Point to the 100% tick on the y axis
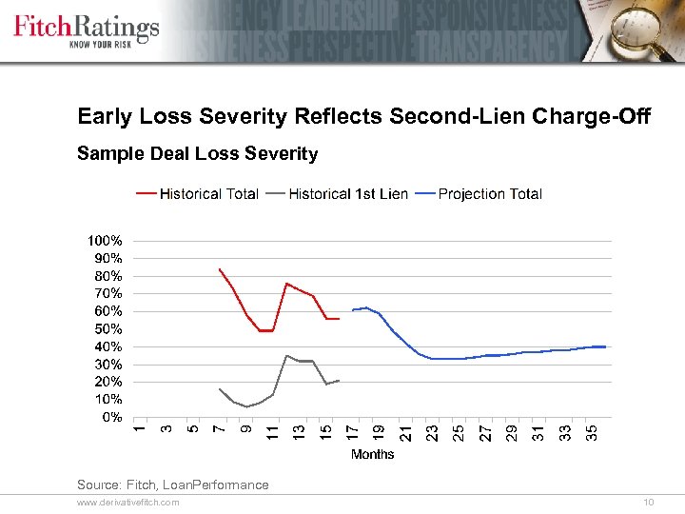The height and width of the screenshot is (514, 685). pos(105,241)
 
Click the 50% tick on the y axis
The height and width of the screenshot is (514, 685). pos(108,329)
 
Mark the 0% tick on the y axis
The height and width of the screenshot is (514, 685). pos(111,417)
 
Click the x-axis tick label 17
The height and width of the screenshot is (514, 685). pos(353,432)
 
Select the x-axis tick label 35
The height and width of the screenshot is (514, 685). pos(592,432)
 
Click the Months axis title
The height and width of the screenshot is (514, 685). pos(372,454)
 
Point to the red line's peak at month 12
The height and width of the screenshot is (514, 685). pos(286,284)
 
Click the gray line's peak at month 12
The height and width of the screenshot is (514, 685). pos(286,356)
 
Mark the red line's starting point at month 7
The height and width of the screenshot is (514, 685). pos(220,269)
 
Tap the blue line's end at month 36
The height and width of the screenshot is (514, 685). pos(605,346)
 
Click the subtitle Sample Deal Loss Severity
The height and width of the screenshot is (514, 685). pos(197,153)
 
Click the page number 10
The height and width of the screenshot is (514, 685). pos(649,502)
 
